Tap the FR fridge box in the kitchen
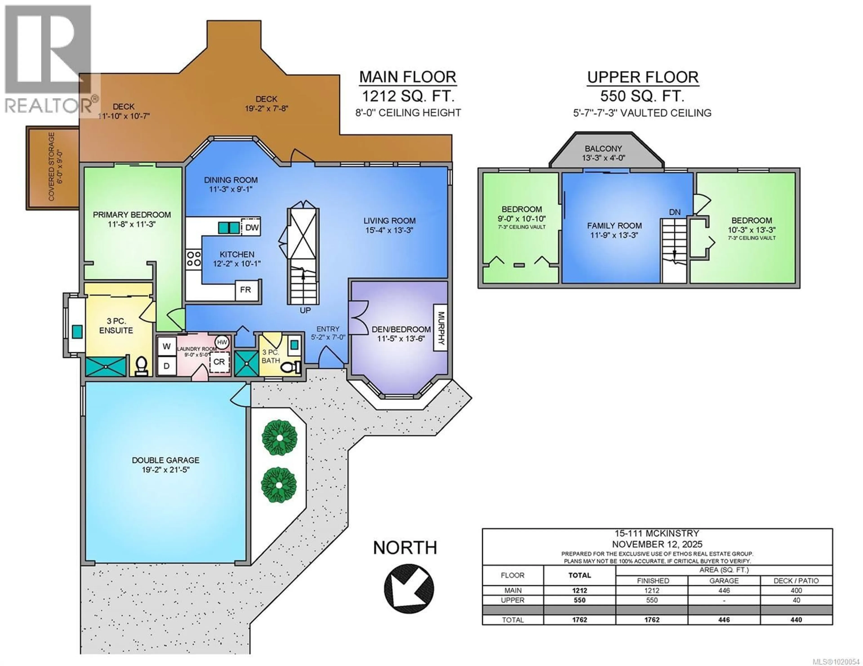pyautogui.click(x=245, y=290)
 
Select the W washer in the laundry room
pyautogui.click(x=166, y=346)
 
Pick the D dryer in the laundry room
pyautogui.click(x=166, y=366)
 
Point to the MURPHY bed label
pyautogui.click(x=440, y=328)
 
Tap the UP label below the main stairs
pyautogui.click(x=305, y=310)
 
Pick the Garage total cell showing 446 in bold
pyautogui.click(x=724, y=620)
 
